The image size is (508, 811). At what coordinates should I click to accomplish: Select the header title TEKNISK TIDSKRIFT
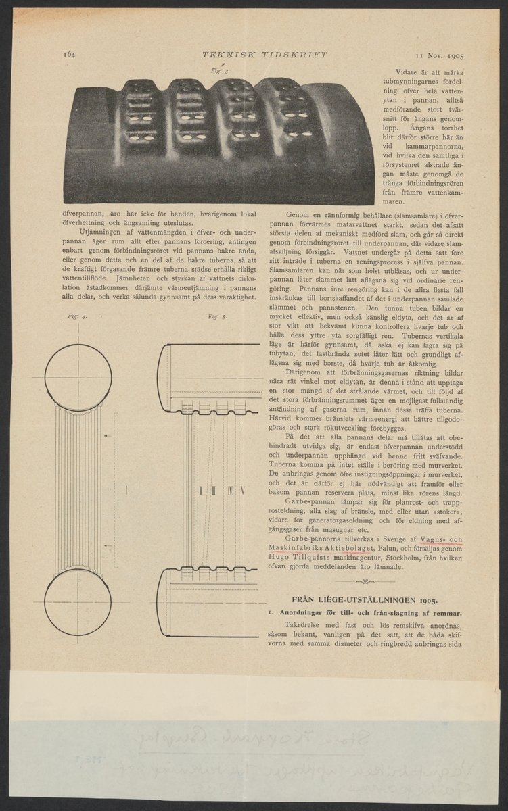coord(250,55)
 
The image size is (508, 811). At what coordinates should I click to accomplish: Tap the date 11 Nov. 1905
coord(444,57)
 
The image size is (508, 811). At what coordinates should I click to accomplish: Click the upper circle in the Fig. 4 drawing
coord(78,375)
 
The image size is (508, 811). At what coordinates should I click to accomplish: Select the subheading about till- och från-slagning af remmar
coord(365,612)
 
